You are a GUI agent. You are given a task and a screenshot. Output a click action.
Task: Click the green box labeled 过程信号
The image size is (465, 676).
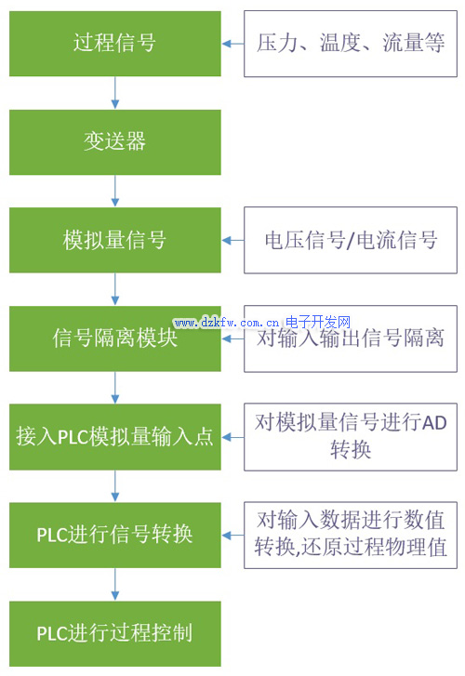pyautogui.click(x=115, y=44)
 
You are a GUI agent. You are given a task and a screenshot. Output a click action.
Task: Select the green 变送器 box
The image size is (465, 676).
pyautogui.click(x=115, y=142)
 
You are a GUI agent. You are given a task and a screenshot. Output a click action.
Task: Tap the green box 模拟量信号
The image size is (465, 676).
pyautogui.click(x=115, y=240)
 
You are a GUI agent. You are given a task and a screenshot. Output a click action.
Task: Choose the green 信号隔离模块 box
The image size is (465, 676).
pyautogui.click(x=115, y=338)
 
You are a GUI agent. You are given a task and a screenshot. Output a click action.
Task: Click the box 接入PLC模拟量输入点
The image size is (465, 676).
pyautogui.click(x=115, y=437)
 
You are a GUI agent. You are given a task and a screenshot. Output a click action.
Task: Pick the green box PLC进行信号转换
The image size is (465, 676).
pyautogui.click(x=115, y=535)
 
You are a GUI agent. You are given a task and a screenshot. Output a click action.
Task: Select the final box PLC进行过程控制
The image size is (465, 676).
pyautogui.click(x=115, y=634)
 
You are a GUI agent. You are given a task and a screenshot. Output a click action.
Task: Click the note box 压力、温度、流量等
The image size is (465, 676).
pyautogui.click(x=351, y=44)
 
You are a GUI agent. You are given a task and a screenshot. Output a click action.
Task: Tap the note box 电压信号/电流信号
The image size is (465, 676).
pyautogui.click(x=351, y=240)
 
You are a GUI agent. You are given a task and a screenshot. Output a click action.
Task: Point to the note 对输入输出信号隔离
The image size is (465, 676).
pyautogui.click(x=351, y=338)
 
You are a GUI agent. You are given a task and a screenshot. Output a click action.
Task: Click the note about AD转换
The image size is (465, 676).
pyautogui.click(x=351, y=437)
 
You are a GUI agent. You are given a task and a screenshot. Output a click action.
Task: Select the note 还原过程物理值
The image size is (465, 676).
pyautogui.click(x=351, y=535)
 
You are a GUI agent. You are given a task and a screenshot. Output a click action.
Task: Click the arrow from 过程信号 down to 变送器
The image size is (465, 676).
pyautogui.click(x=115, y=93)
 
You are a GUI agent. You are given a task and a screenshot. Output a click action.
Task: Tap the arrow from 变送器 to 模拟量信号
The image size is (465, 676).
pyautogui.click(x=115, y=191)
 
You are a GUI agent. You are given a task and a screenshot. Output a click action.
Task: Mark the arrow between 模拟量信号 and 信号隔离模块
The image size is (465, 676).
pyautogui.click(x=115, y=289)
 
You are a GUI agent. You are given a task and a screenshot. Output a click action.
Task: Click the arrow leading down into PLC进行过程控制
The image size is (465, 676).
pyautogui.click(x=115, y=584)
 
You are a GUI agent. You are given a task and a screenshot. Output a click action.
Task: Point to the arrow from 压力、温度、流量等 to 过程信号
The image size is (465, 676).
pyautogui.click(x=232, y=44)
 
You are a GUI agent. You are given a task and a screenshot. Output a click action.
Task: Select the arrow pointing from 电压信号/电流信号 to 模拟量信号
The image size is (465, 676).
pyautogui.click(x=232, y=240)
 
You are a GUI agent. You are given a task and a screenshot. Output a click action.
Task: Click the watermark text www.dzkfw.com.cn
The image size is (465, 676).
pyautogui.click(x=227, y=323)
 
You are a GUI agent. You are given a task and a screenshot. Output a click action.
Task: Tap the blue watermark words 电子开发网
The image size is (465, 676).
pyautogui.click(x=318, y=322)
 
